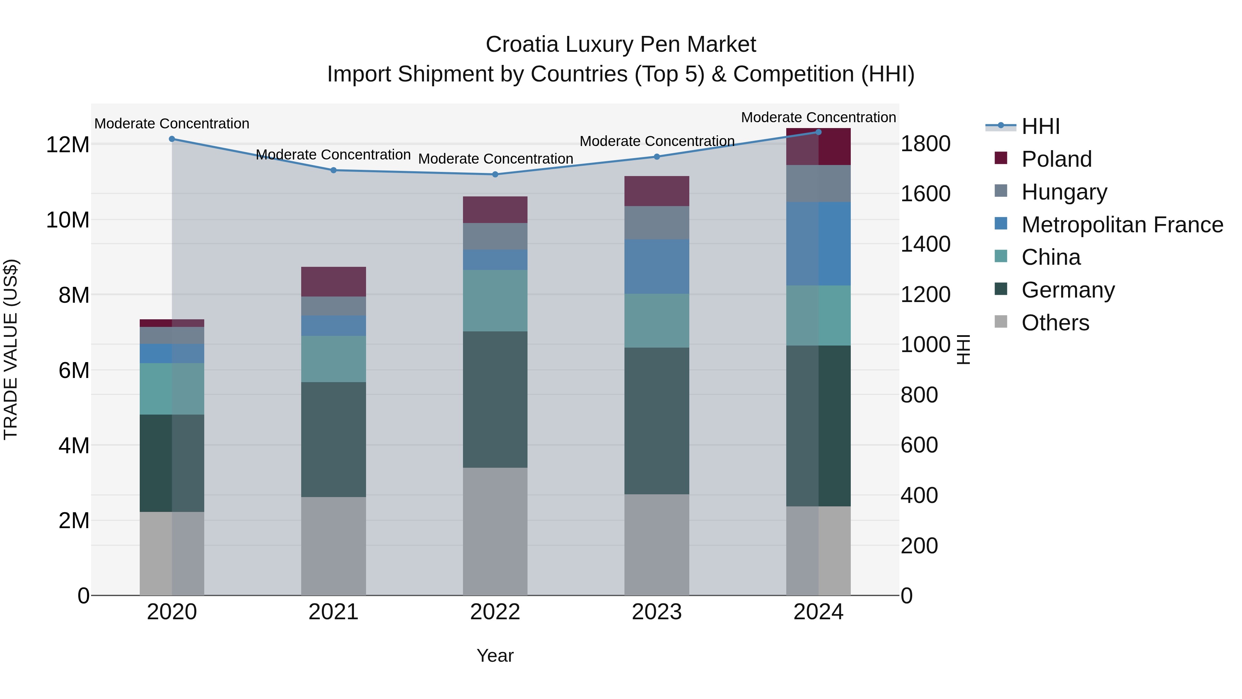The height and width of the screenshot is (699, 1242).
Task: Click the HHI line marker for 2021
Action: [333, 170]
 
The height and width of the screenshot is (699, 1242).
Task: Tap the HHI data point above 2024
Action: [818, 132]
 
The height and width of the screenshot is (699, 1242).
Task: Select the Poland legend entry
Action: [1056, 159]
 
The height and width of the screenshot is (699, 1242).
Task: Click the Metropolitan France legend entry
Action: [1122, 225]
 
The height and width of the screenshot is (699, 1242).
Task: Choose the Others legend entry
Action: [1055, 323]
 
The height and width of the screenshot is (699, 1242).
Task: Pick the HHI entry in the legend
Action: [1041, 126]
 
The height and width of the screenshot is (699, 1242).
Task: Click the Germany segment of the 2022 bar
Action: [495, 399]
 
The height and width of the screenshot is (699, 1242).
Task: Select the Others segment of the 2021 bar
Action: [333, 546]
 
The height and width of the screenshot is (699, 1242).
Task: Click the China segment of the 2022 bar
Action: [495, 301]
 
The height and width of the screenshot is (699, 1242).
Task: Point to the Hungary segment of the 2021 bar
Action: [333, 306]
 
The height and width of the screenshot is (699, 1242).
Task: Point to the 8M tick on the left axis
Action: [74, 295]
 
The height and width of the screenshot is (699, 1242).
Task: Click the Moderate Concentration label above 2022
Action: [495, 159]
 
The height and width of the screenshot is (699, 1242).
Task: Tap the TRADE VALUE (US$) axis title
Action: [11, 349]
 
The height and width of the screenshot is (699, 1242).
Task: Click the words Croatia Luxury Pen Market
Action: [621, 45]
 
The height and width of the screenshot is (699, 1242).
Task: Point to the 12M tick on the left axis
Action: [68, 145]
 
